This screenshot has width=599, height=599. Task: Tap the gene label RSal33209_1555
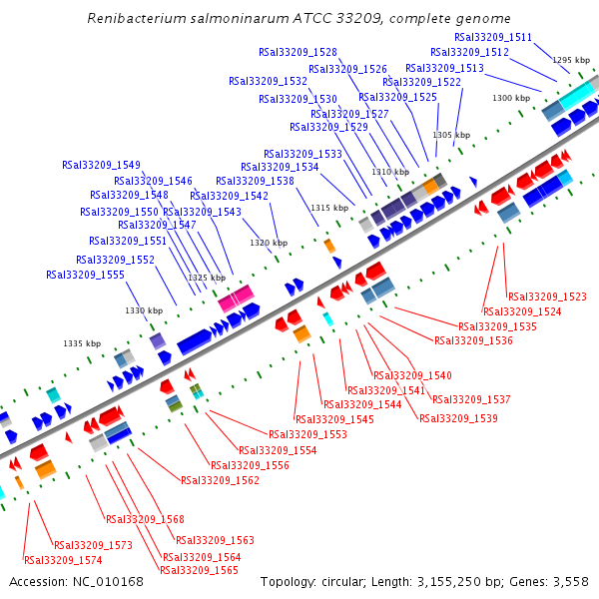point(85,275)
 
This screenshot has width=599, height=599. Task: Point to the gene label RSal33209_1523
point(547,297)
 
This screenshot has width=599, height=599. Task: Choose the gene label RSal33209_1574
point(64,560)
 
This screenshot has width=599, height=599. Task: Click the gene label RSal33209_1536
point(473,341)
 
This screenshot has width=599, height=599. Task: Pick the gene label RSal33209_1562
point(220,480)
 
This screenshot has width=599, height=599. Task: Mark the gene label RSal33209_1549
point(101,165)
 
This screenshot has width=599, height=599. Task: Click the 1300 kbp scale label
point(511,98)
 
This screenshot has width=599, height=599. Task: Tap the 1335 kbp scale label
point(82,343)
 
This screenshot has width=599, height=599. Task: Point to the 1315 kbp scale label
point(329,208)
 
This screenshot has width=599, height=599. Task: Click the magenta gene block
point(236,298)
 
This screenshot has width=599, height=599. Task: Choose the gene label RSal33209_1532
point(268,81)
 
